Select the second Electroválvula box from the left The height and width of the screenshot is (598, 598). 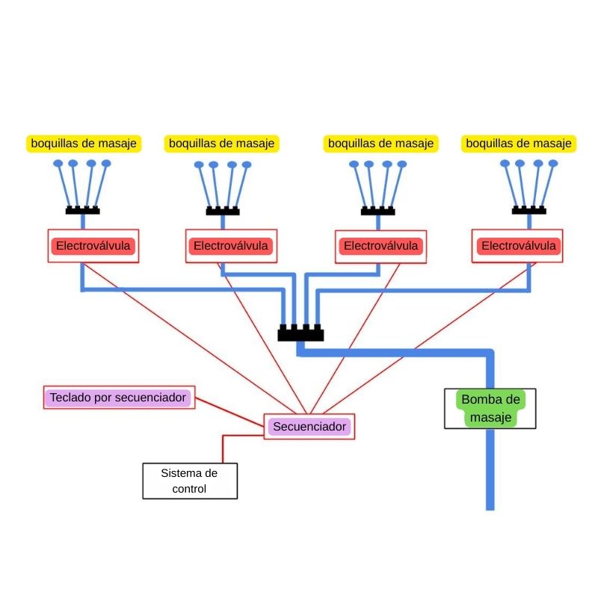point(231,246)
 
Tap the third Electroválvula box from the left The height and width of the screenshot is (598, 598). point(380,246)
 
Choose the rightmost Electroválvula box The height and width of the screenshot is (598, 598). point(517,246)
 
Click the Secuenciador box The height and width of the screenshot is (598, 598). point(309,427)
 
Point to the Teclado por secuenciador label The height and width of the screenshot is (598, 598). point(118,398)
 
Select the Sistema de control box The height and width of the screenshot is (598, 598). point(190,481)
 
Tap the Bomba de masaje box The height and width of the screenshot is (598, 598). point(490,408)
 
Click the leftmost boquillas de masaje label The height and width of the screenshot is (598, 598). point(84,143)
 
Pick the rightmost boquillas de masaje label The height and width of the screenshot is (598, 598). point(519,143)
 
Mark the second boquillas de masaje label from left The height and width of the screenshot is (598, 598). point(221,143)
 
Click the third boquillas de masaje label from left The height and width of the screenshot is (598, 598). point(381,143)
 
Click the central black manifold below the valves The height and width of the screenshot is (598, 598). point(300,333)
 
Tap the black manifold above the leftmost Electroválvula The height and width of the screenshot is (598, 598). point(82,210)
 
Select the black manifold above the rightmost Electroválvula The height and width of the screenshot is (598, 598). point(528,210)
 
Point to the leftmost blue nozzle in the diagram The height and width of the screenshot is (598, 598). point(58,163)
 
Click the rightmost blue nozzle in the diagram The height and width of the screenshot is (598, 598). point(554,163)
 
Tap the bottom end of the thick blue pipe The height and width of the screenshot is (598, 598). point(490,506)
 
